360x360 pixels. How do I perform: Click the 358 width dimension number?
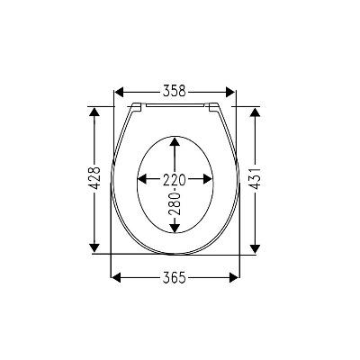pyautogui.click(x=175, y=91)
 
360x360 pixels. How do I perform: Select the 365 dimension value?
pyautogui.click(x=175, y=278)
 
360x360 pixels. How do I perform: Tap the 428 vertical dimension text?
pyautogui.click(x=95, y=178)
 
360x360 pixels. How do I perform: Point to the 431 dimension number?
pyautogui.click(x=255, y=178)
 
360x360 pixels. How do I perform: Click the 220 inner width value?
pyautogui.click(x=175, y=180)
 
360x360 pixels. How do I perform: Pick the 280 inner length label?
pyautogui.click(x=175, y=204)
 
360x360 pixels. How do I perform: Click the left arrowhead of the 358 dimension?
pyautogui.click(x=119, y=92)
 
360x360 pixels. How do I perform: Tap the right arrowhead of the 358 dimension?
pyautogui.click(x=230, y=92)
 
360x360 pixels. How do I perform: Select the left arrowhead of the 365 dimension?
pyautogui.click(x=116, y=277)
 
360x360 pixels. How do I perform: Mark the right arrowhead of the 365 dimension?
pyautogui.click(x=234, y=277)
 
